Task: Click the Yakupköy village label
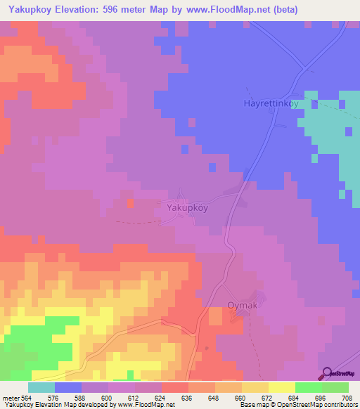pos(188,208)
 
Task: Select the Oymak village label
pos(244,306)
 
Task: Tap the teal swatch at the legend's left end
pos(41,387)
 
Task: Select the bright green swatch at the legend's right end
pos(335,387)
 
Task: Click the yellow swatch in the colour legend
pos(282,387)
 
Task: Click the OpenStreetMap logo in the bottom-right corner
pos(337,373)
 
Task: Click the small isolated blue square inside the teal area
pos(348,131)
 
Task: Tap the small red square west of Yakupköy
pos(130,203)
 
